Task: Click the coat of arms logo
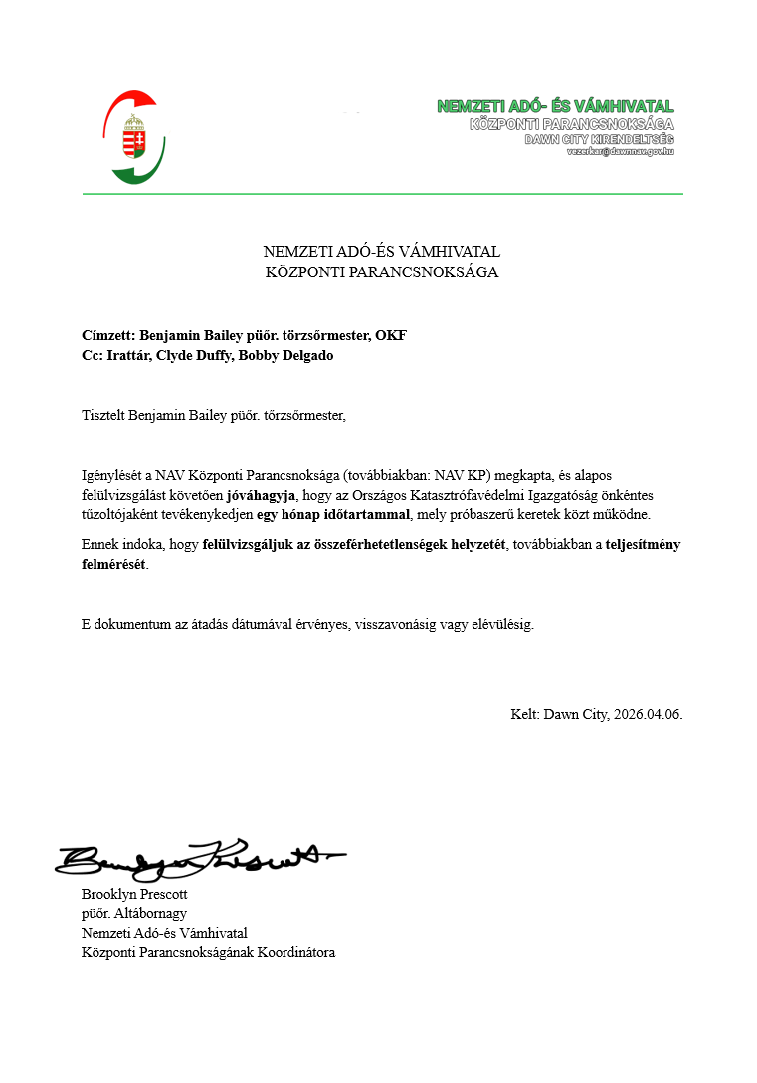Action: click(133, 137)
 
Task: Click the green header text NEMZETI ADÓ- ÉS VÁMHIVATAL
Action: click(555, 107)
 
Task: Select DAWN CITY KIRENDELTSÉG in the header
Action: click(599, 139)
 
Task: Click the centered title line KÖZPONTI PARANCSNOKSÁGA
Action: click(382, 271)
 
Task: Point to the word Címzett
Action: click(107, 336)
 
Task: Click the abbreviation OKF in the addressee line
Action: click(391, 336)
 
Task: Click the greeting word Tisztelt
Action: click(104, 415)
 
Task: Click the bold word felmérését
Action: click(113, 564)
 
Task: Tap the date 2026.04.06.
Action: click(649, 714)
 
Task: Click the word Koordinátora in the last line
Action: click(296, 952)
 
